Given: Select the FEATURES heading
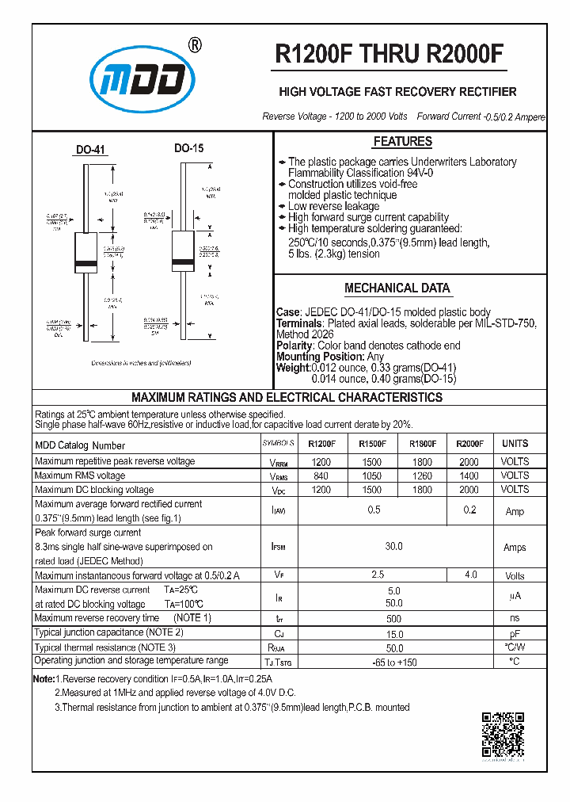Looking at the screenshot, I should (x=402, y=142).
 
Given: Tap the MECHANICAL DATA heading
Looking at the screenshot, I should (x=397, y=288).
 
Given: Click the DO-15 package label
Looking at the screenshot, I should (x=189, y=148).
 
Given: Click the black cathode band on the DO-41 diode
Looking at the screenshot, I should (x=85, y=262).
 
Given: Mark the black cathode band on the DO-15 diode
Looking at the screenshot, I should (x=184, y=258).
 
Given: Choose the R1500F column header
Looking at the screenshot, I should (x=372, y=444).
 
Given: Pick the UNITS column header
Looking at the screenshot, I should (x=515, y=444).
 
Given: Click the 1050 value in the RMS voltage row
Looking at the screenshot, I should (x=370, y=475).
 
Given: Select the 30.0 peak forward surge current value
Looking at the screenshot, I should (x=393, y=547).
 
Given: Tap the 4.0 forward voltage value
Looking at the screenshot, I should (x=470, y=575).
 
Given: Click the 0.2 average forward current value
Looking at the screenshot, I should (x=470, y=510).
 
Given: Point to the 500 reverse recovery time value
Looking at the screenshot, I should (x=393, y=618).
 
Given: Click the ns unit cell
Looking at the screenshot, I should (x=515, y=618).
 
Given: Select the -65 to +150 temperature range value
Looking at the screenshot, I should (x=393, y=662).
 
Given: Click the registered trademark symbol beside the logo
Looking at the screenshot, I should (x=196, y=45).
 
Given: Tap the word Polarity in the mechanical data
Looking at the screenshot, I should (x=295, y=346).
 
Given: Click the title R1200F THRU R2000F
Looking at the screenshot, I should (x=389, y=53).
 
